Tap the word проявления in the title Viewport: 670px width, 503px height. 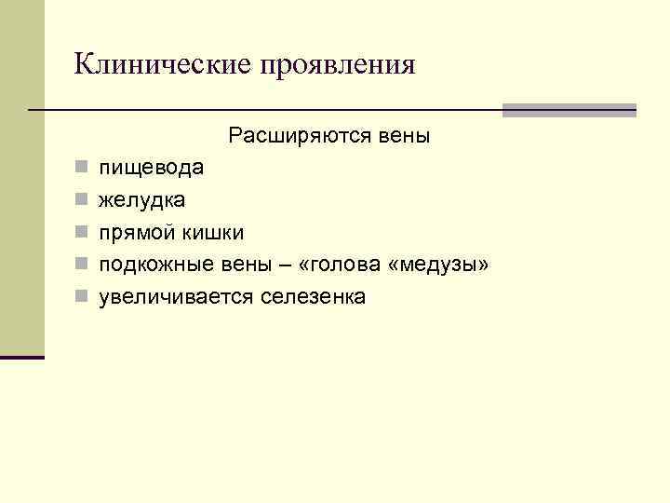pyautogui.click(x=340, y=65)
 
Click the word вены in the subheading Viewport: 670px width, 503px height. pyautogui.click(x=405, y=137)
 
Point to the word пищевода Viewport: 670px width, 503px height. pyautogui.click(x=153, y=170)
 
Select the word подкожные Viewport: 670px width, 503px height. pyautogui.click(x=155, y=265)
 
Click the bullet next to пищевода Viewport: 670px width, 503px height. pyautogui.click(x=82, y=170)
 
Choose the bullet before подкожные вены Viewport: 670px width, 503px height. pyautogui.click(x=82, y=265)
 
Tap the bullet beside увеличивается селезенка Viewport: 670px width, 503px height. pyautogui.click(x=82, y=297)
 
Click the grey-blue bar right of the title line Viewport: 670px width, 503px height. pyautogui.click(x=569, y=110)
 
